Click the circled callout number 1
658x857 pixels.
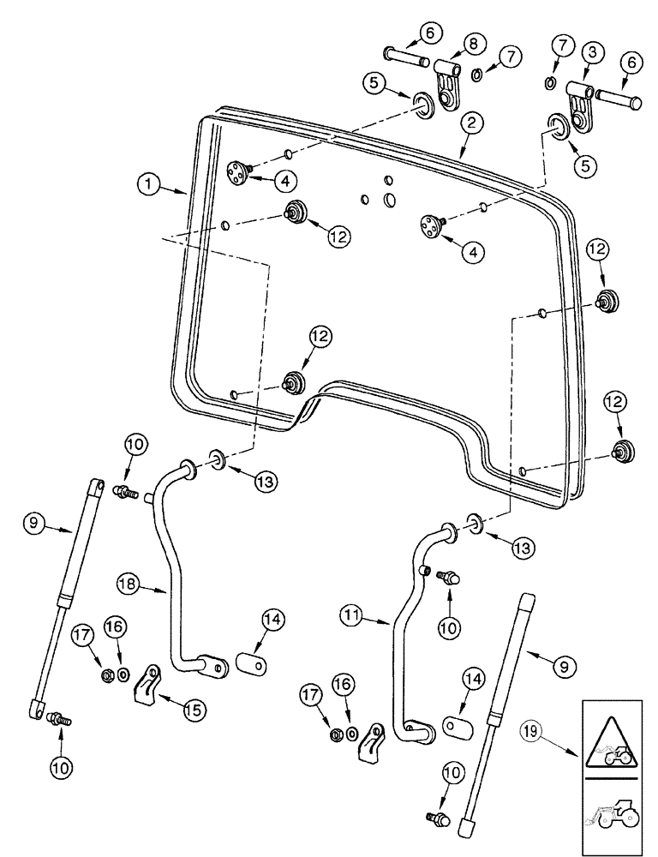point(149,183)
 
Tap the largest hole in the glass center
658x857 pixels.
point(390,200)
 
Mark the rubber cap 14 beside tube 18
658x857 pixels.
point(248,667)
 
